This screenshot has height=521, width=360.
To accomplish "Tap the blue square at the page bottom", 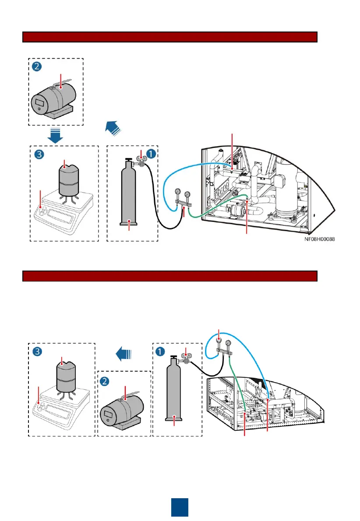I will point(180,507).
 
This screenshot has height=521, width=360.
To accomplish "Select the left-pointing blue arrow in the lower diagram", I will point(124,353).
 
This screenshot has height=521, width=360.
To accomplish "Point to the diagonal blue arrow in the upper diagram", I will point(113,127).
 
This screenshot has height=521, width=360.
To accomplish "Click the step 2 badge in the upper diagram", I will point(37,67).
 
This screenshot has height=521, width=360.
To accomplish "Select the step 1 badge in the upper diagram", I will point(151,154).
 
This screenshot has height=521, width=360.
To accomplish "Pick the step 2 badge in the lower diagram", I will point(106,381).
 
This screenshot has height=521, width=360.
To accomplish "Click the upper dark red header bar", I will point(169,37).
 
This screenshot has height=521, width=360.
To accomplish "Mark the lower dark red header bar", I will point(169,276).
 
